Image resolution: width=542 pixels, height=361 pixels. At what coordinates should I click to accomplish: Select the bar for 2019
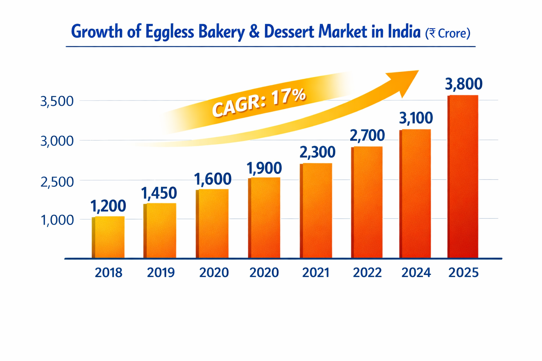tap(160, 231)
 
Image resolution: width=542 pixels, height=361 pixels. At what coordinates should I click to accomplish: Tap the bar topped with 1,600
tap(212, 224)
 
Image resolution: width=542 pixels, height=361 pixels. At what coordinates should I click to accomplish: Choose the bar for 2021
tap(316, 211)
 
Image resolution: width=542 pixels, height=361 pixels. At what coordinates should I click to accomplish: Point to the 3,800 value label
tap(464, 84)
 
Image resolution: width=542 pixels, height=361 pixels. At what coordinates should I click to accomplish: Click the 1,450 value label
tap(159, 193)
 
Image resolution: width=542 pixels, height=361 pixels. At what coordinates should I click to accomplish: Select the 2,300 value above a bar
tap(317, 152)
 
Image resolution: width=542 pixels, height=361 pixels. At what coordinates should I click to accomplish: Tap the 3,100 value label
tap(416, 118)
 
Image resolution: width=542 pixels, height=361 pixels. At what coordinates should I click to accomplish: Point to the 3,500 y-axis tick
tap(57, 102)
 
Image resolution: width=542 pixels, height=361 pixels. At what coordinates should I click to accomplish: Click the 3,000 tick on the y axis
tap(57, 141)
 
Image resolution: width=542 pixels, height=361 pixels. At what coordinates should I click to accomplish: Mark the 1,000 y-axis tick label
tap(58, 220)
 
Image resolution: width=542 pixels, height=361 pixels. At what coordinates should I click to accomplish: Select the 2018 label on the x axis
tap(109, 273)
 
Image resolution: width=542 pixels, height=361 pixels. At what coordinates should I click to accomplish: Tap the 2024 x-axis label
tap(416, 273)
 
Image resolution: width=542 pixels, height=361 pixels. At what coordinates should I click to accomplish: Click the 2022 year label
tap(367, 273)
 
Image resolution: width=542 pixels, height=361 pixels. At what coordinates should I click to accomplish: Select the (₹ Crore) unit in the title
tap(448, 33)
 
